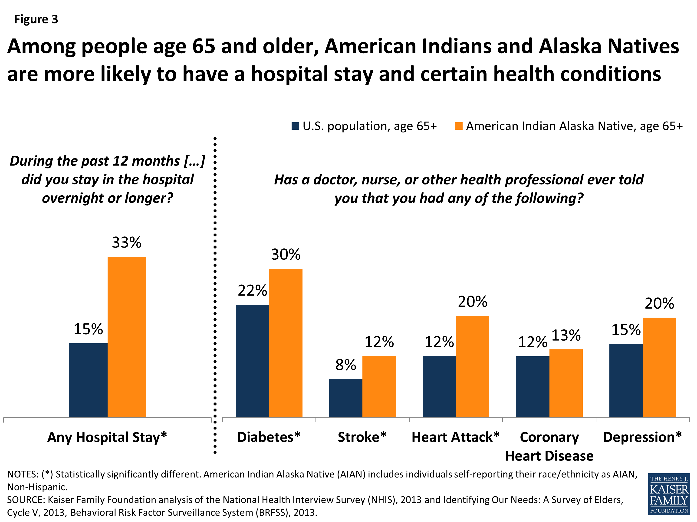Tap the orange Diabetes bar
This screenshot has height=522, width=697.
[286, 343]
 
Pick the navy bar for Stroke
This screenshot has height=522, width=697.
[346, 398]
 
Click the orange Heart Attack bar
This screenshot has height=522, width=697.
[472, 366]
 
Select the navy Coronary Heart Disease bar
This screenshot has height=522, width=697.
[533, 387]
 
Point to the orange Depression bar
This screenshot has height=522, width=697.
[659, 367]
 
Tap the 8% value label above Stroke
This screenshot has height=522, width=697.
[346, 365]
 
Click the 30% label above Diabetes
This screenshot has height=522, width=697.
[286, 254]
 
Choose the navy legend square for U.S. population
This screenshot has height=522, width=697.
[295, 126]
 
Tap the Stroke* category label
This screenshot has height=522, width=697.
[362, 437]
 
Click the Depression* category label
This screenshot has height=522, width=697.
[642, 437]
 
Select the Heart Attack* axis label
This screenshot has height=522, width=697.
[455, 437]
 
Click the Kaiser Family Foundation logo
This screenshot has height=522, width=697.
[669, 494]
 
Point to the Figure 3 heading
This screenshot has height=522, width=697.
[36, 19]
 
